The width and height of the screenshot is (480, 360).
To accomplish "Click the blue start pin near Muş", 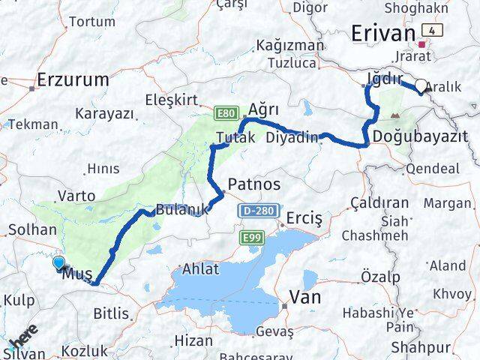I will click(x=59, y=262).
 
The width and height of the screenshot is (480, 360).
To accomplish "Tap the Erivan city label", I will click(x=383, y=34).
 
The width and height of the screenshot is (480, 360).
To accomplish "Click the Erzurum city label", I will click(x=73, y=79).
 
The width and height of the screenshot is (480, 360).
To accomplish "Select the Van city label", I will click(x=306, y=297).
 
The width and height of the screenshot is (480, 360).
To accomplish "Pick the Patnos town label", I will click(x=254, y=184).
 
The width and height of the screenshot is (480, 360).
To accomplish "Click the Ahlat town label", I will click(x=201, y=268).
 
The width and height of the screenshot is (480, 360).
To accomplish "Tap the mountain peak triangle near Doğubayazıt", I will click(x=395, y=116).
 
